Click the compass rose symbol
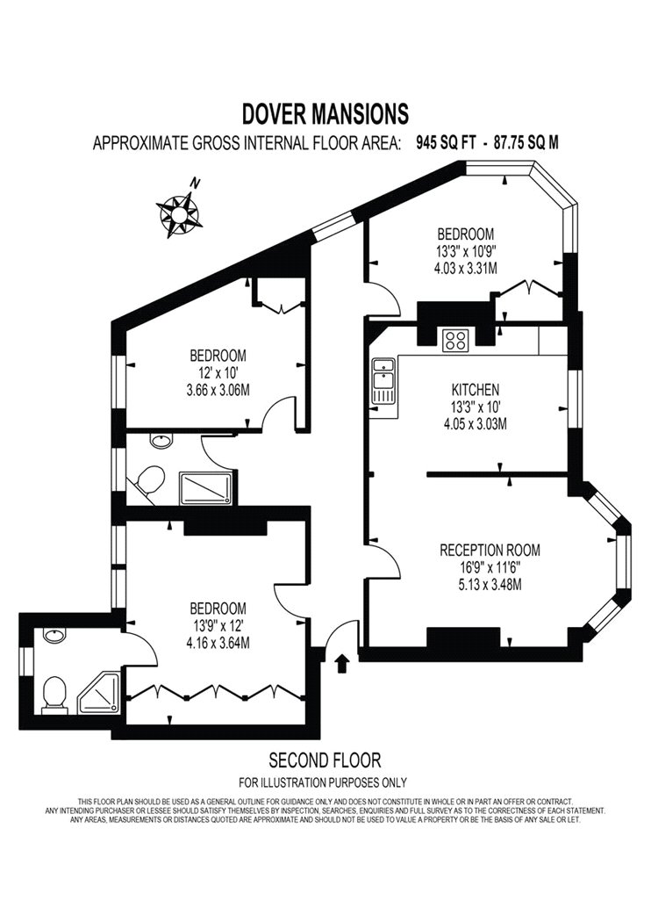coord(179,213)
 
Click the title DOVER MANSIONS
coord(325,114)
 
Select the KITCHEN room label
coord(476,389)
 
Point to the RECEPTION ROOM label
coord(490,551)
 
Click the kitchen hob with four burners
coord(456,339)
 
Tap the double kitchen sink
coord(383,382)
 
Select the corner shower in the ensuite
coord(99,694)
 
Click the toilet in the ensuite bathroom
coord(54,695)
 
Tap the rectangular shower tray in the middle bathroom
coord(205,488)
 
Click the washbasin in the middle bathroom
coord(161,441)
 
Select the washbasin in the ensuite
coord(54,636)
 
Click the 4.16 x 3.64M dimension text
coord(218,644)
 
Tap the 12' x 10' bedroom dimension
coord(217,372)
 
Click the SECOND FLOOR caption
coord(325,760)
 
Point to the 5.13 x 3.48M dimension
coord(490,585)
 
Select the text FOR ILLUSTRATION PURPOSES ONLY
coord(323,782)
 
